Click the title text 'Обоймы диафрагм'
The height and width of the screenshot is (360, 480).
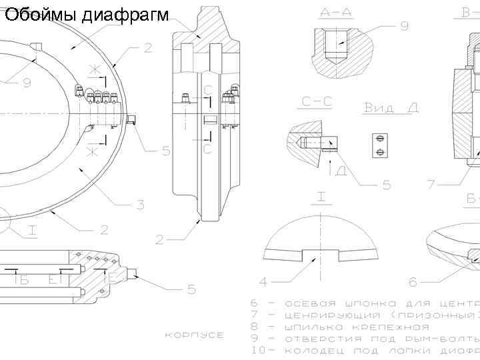click(87, 15)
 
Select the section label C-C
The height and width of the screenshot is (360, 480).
click(317, 101)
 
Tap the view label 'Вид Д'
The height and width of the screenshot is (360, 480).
click(391, 108)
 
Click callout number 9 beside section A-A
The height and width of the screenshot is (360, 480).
click(405, 26)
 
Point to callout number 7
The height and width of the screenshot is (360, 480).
click(431, 183)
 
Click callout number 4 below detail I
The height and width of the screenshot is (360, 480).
click(264, 281)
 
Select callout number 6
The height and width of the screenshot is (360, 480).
click(413, 281)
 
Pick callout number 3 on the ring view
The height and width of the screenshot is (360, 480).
click(141, 205)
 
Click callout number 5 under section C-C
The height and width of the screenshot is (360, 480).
click(387, 185)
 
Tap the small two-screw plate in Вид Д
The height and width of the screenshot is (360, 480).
click(379, 145)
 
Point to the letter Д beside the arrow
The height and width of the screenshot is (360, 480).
click(341, 171)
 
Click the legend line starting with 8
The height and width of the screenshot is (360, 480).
click(340, 327)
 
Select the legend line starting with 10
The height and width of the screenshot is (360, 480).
click(363, 350)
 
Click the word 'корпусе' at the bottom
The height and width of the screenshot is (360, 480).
click(194, 335)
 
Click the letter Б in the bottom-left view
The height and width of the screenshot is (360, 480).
click(24, 281)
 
